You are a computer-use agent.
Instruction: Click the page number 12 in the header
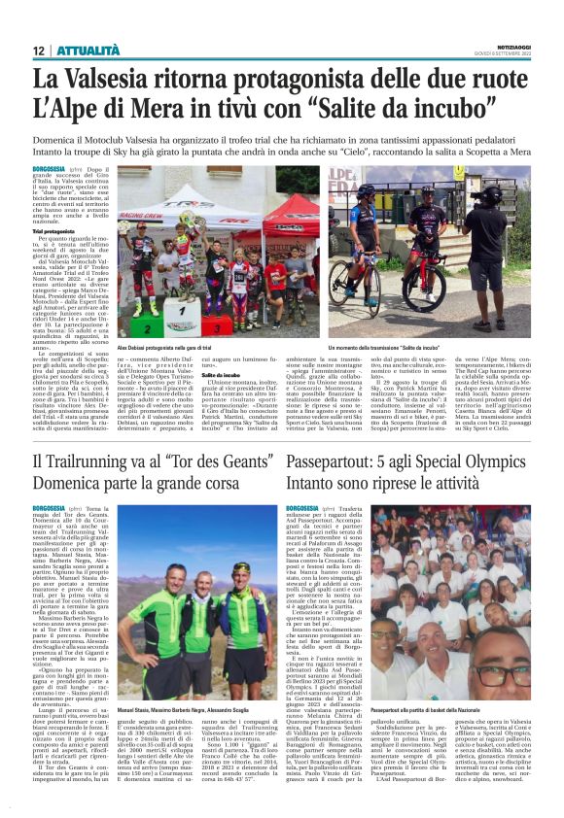(38, 50)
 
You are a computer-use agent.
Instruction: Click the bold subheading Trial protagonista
(58, 229)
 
